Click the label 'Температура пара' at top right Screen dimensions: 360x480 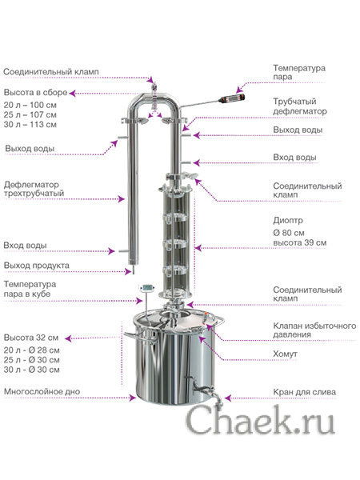tap(299, 72)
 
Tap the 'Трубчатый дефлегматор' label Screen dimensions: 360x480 tap(300, 106)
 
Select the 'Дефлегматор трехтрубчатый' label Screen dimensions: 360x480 tap(34, 189)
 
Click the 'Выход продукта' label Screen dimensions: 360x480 tap(37, 265)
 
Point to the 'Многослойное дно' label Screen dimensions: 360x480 tap(42, 391)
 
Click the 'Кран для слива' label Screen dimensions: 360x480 tap(304, 392)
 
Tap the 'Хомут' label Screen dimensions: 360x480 tap(285, 354)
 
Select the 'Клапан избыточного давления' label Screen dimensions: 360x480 tap(314, 330)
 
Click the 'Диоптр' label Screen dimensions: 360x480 tap(288, 221)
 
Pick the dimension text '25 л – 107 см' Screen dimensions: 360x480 tap(30, 114)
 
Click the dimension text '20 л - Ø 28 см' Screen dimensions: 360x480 tap(31, 350)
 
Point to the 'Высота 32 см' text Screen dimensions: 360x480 tap(31, 338)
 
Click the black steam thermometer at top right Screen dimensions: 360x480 tap(231, 98)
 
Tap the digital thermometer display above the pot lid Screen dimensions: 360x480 tap(147, 288)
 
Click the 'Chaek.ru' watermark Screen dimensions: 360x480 tap(260, 420)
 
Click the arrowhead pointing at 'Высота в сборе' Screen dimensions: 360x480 tap(72, 93)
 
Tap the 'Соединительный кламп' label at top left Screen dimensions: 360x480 tap(51, 72)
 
